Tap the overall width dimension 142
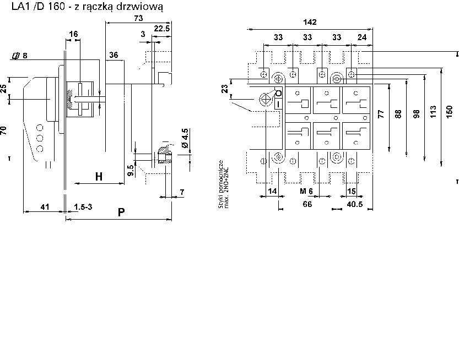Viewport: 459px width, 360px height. (310, 22)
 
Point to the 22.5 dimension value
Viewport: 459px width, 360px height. (161, 28)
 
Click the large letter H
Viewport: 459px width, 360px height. (99, 177)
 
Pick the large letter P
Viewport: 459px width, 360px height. (121, 212)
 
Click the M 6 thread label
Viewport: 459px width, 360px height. (306, 191)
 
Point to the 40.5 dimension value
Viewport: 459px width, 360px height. (354, 204)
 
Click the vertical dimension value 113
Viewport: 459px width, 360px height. (433, 113)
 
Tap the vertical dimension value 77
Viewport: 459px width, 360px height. (380, 114)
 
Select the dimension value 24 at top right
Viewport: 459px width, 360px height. (362, 37)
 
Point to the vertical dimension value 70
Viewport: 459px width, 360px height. (4, 130)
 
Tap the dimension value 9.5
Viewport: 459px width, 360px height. (130, 170)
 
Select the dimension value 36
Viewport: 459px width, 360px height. (114, 54)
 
